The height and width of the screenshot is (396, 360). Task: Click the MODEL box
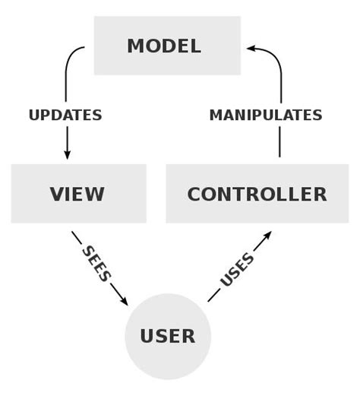tap(167, 46)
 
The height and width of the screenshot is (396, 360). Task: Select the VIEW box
tap(78, 194)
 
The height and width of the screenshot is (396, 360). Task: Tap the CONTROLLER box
tap(257, 194)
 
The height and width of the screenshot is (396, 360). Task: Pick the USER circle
tap(167, 336)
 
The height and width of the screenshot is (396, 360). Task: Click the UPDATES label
tap(65, 116)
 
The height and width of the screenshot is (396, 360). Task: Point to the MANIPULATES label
tap(266, 116)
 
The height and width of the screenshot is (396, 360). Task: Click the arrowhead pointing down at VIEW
tap(67, 154)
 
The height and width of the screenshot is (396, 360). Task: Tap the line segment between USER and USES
tap(213, 296)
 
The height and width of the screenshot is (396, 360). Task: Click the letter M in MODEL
tap(136, 46)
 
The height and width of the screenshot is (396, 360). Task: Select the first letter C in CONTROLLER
tap(194, 194)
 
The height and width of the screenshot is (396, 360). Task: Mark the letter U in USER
tap(148, 336)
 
